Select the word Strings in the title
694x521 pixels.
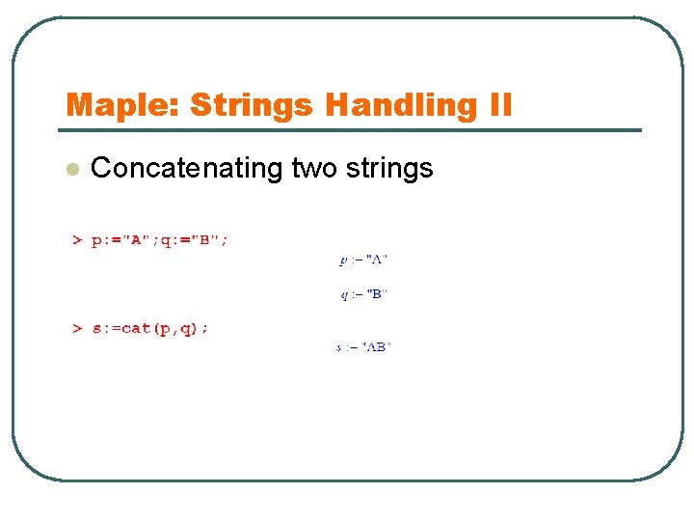click(252, 104)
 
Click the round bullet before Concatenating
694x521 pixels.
click(70, 169)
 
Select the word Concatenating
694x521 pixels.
click(185, 169)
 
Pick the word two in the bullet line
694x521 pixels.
click(313, 169)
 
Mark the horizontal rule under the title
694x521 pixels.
click(353, 130)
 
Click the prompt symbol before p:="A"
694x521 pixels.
click(77, 241)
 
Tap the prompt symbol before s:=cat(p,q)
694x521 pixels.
click(77, 328)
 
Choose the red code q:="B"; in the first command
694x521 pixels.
click(195, 241)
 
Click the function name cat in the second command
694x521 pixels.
click(136, 328)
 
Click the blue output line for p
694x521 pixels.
click(363, 260)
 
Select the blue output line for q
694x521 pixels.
click(363, 294)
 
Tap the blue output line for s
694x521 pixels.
click(363, 347)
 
